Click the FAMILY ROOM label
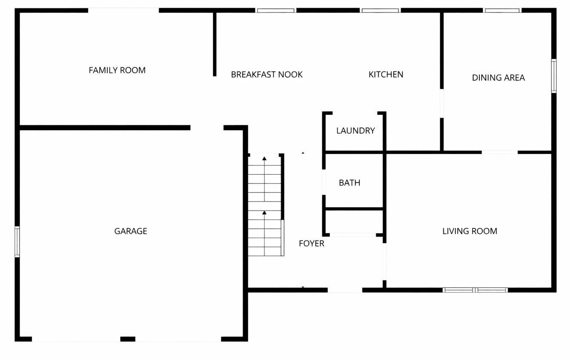(117, 70)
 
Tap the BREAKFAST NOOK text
(267, 74)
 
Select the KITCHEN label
(386, 74)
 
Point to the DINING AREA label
(498, 77)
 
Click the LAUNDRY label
(356, 130)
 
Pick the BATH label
(349, 183)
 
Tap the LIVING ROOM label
(470, 231)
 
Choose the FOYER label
(311, 244)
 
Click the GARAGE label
(131, 231)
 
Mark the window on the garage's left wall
(17, 241)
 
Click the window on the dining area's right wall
(554, 76)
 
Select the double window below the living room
(475, 290)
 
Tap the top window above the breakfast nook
(276, 11)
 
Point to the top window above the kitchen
(380, 11)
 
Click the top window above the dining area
(502, 11)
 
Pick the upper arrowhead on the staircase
(265, 159)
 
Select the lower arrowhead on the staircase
(265, 212)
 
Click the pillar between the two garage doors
(128, 339)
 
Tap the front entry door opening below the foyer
(345, 290)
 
